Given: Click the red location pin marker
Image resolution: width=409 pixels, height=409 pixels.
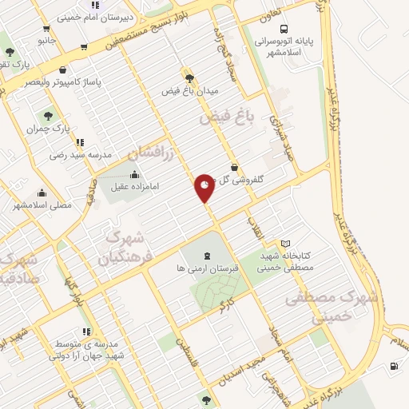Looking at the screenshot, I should [204, 188].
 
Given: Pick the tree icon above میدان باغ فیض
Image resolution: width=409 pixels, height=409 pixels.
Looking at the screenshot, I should [189, 78].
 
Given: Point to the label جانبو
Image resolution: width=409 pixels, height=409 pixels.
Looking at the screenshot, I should [47, 38].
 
